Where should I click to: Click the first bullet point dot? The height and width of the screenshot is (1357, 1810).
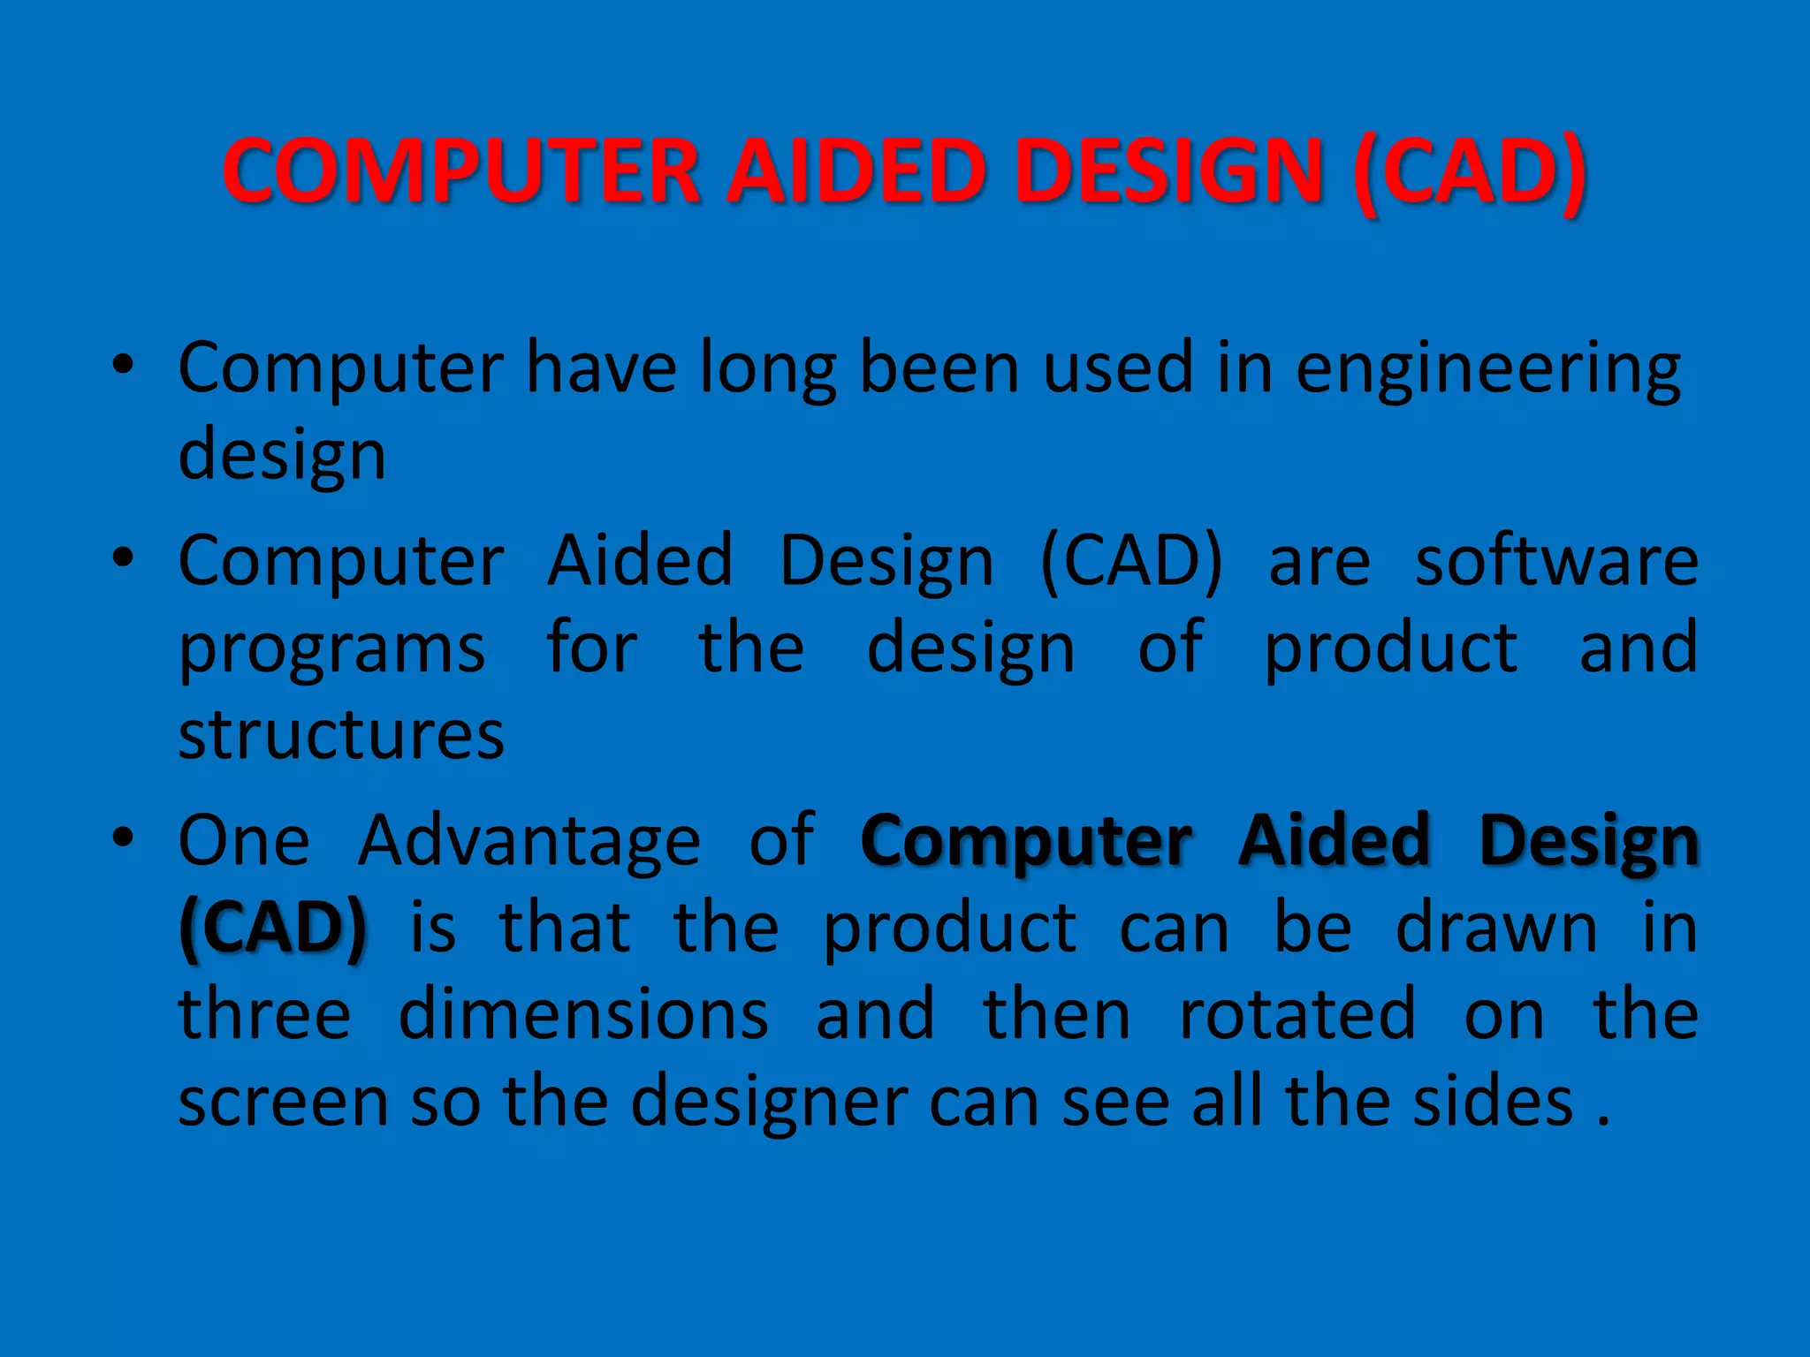click(x=123, y=365)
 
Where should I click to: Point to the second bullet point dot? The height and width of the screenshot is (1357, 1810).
click(x=123, y=558)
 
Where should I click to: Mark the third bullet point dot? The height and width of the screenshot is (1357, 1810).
click(x=123, y=837)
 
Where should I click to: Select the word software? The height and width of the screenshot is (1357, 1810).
click(x=1555, y=562)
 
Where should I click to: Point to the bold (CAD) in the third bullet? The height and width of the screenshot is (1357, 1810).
click(x=272, y=929)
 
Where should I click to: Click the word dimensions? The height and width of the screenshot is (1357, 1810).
click(x=583, y=1014)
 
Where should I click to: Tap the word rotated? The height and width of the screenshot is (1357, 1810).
click(x=1297, y=1014)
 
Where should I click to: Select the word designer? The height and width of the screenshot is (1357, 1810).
click(x=769, y=1104)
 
